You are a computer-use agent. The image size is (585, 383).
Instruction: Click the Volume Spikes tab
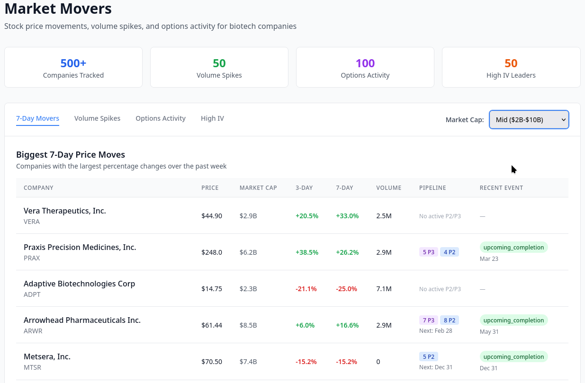pyautogui.click(x=97, y=118)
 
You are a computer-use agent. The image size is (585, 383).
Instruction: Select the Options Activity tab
pyautogui.click(x=161, y=118)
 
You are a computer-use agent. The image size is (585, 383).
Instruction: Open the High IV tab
pyautogui.click(x=212, y=118)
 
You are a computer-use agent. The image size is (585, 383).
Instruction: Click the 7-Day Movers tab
pyautogui.click(x=37, y=118)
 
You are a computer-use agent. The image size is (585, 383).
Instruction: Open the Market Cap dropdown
pyautogui.click(x=529, y=120)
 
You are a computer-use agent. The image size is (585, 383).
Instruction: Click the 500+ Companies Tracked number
pyautogui.click(x=73, y=63)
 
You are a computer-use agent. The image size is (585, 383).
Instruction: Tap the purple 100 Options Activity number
pyautogui.click(x=365, y=63)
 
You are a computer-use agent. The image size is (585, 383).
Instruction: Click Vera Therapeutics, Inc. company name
pyautogui.click(x=65, y=211)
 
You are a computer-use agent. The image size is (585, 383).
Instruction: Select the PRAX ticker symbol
pyautogui.click(x=32, y=258)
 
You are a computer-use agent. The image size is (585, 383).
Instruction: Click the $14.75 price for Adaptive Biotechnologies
pyautogui.click(x=212, y=289)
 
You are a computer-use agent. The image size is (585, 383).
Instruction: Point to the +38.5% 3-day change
pyautogui.click(x=306, y=252)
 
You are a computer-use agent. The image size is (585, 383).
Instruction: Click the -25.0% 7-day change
pyautogui.click(x=347, y=289)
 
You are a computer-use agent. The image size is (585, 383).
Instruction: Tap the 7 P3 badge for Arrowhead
pyautogui.click(x=428, y=320)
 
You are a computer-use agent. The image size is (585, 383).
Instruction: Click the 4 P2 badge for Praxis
pyautogui.click(x=449, y=252)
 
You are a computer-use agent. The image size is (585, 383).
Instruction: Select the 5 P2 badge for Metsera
pyautogui.click(x=428, y=356)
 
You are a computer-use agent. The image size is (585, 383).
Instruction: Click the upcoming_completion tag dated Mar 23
pyautogui.click(x=513, y=247)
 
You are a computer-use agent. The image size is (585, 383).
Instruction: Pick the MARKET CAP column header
pyautogui.click(x=258, y=188)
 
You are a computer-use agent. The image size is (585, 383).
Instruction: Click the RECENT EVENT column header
pyautogui.click(x=501, y=188)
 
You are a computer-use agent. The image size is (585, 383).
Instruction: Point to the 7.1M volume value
pyautogui.click(x=384, y=289)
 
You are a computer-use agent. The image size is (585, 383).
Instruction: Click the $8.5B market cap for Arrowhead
pyautogui.click(x=248, y=325)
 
